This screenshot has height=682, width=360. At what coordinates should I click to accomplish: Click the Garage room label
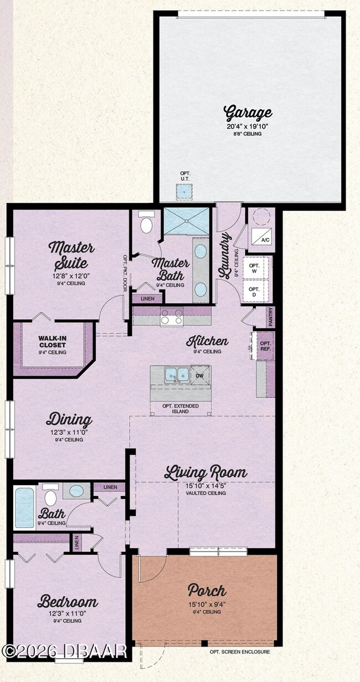click(x=248, y=113)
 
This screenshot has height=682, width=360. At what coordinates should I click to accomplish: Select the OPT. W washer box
click(x=254, y=268)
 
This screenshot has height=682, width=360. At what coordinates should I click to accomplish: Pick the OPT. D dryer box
click(x=254, y=291)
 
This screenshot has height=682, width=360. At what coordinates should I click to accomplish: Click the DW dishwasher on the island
click(x=200, y=375)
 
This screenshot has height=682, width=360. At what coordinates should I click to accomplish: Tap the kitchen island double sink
click(x=176, y=375)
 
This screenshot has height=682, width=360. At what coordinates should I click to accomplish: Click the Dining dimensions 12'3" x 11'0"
click(x=69, y=432)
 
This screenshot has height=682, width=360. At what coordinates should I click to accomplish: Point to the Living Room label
click(x=205, y=473)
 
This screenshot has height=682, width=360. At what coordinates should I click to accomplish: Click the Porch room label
click(x=207, y=589)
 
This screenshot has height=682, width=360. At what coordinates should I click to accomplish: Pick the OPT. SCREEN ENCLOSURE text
click(x=240, y=652)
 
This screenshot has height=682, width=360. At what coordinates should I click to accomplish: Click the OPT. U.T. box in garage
click(x=184, y=192)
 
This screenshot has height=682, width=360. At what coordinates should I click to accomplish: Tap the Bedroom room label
click(x=68, y=602)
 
